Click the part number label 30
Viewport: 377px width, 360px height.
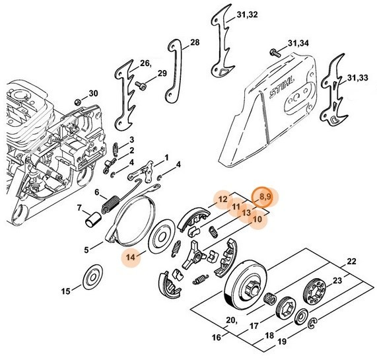[x=94, y=93]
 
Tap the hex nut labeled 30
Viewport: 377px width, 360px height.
[x=78, y=102]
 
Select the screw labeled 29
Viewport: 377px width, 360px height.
[x=140, y=85]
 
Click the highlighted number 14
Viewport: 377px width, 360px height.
[x=131, y=258]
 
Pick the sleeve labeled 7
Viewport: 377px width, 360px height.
[x=94, y=219]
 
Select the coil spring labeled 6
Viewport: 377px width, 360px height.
[x=111, y=205]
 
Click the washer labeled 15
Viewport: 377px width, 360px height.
[x=92, y=277]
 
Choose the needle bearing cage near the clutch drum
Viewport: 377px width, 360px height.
[x=271, y=299]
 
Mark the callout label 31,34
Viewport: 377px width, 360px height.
[x=298, y=44]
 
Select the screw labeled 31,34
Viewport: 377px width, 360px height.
[x=275, y=52]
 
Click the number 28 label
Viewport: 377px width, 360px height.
[x=195, y=42]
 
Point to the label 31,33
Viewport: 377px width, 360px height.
[x=358, y=78]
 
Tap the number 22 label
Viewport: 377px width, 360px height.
[x=351, y=262]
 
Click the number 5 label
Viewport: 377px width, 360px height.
[x=86, y=250]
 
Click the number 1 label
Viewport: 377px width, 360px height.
[x=166, y=158]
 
